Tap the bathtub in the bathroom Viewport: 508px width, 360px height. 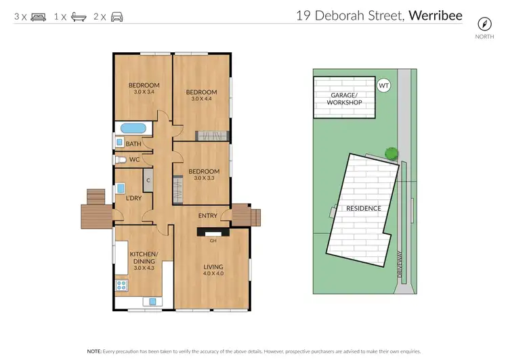point(133,128)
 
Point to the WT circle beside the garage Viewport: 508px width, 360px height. point(384,86)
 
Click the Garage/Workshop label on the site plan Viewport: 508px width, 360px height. point(344,98)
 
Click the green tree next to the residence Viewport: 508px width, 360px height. point(390,153)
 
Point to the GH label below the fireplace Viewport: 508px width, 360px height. point(213,241)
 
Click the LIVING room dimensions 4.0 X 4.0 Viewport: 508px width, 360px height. point(213,273)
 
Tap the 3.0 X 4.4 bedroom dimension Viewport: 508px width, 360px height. point(201,100)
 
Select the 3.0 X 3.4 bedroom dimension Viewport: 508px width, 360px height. point(144,92)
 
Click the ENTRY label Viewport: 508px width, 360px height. point(207,216)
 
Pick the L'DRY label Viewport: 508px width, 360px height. point(133,198)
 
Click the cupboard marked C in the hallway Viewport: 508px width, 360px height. point(147,180)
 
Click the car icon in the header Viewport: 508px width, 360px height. point(117,16)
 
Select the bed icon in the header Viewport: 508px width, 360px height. point(37,16)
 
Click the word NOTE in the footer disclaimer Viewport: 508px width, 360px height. point(94,352)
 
